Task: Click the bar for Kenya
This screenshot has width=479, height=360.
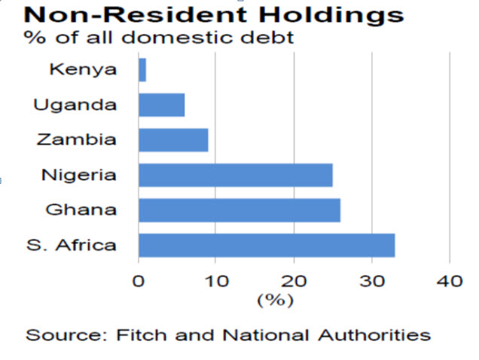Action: [x=142, y=70]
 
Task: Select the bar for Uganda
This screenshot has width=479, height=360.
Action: [x=162, y=105]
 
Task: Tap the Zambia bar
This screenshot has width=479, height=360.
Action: [x=173, y=140]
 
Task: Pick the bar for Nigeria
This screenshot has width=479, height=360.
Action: [x=236, y=175]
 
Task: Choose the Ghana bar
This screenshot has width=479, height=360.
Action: [x=239, y=210]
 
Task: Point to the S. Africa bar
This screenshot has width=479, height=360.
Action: [x=267, y=245]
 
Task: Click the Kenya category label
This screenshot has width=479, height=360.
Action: [x=83, y=70]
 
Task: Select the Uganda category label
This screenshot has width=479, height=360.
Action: [x=75, y=105]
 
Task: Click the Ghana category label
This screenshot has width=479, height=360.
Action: [x=81, y=210]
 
